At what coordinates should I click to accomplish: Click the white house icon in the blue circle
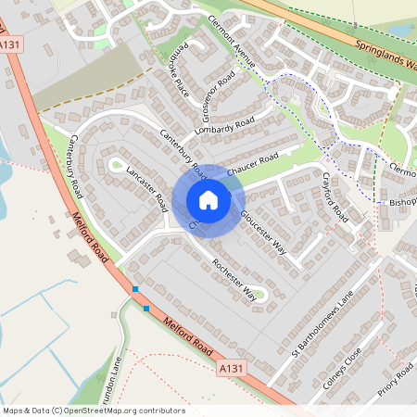pyautogui.click(x=208, y=199)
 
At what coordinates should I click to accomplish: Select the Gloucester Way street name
pyautogui.click(x=264, y=232)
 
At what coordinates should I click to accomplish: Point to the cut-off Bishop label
pyautogui.click(x=401, y=201)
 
